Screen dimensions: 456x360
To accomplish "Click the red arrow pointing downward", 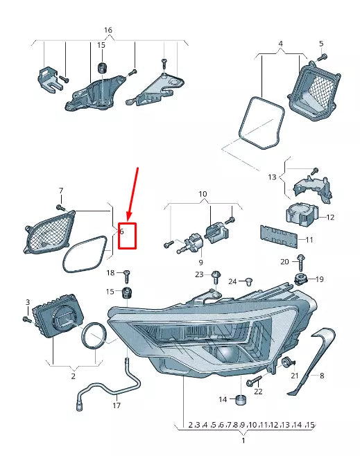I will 132,191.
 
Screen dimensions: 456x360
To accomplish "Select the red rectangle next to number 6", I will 128,236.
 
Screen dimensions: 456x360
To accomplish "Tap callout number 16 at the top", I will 108,30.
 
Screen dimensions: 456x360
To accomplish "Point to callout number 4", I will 280,44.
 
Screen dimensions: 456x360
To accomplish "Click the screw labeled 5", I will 324,56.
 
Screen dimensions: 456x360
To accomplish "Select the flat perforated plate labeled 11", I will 279,238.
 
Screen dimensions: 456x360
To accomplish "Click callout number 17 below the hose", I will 117,405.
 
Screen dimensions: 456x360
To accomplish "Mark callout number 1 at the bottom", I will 243,441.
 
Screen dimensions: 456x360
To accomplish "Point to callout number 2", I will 73,376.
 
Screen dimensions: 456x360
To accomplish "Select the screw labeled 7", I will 60,206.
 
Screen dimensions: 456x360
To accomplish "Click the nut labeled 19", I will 301,279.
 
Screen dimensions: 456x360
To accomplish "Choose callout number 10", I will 203,193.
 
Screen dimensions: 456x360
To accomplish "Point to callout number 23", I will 200,275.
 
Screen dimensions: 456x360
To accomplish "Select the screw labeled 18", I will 128,275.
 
